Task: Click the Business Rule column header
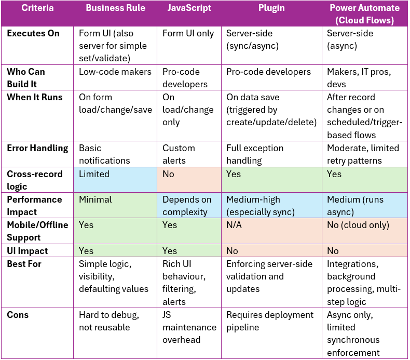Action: pyautogui.click(x=115, y=8)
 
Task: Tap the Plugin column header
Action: pyautogui.click(x=272, y=8)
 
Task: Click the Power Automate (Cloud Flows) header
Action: pyautogui.click(x=364, y=14)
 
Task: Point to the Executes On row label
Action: pyautogui.click(x=33, y=33)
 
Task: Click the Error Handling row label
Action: pyautogui.click(x=37, y=148)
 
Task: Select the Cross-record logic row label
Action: pyautogui.click(x=35, y=180)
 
